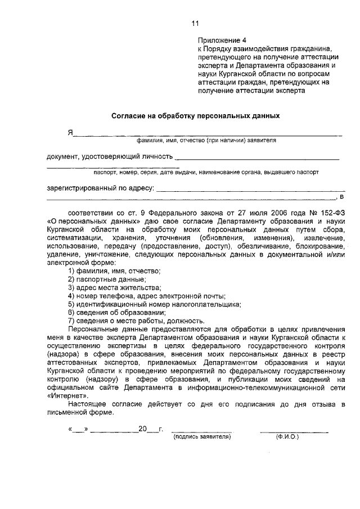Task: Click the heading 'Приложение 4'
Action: (x=222, y=40)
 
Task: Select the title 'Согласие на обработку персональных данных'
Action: (x=195, y=116)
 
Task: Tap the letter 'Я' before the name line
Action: (x=71, y=133)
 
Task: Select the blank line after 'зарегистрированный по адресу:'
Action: (x=250, y=190)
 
